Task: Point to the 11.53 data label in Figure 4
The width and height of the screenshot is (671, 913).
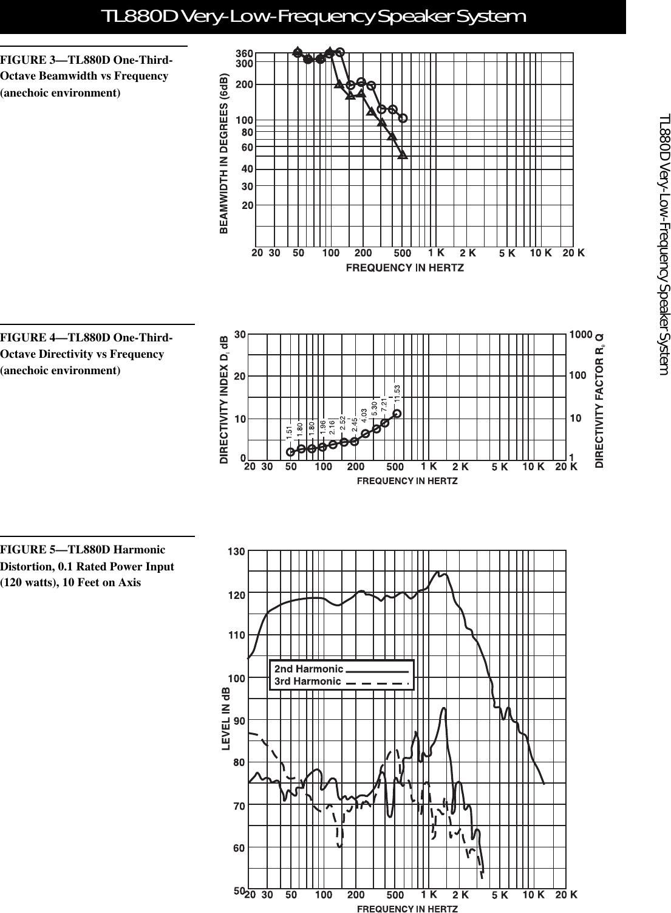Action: [398, 394]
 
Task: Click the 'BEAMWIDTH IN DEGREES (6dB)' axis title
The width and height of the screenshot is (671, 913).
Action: [225, 146]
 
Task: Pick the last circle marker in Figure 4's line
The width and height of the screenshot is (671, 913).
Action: [397, 414]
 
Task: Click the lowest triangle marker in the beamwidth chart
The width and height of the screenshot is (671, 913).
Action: [403, 155]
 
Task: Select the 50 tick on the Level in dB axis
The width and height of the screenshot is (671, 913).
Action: [238, 891]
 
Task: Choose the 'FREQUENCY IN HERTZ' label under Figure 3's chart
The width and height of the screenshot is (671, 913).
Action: [405, 267]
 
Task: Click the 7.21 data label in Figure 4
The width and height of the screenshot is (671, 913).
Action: [384, 406]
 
